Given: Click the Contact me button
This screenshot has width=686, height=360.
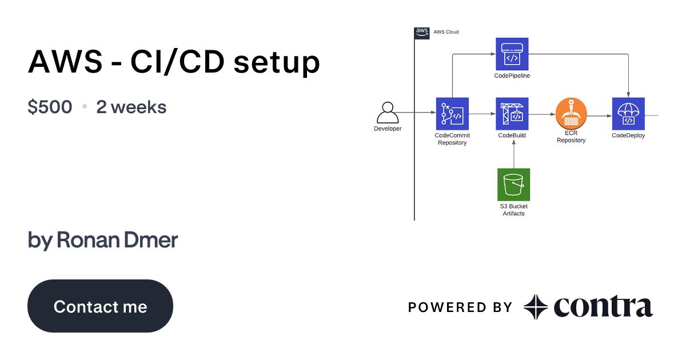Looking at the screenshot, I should click(x=100, y=306).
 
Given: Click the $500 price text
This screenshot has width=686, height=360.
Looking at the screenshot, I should click(x=50, y=107).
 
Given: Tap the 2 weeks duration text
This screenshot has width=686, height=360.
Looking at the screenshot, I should click(x=131, y=107).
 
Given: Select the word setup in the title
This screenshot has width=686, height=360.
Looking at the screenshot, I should click(x=276, y=62).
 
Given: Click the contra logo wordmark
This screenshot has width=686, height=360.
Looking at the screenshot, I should click(x=603, y=307).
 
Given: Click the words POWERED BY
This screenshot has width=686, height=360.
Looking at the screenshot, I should click(x=460, y=307).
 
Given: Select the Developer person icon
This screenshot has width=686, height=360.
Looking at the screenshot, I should click(x=388, y=113).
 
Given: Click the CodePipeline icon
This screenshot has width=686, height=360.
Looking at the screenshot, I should click(x=512, y=54).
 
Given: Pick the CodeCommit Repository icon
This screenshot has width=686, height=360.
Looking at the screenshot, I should click(x=452, y=114).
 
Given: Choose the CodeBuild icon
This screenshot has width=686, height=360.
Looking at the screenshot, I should click(x=512, y=114).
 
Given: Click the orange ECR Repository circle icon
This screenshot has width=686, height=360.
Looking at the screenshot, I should click(x=571, y=114).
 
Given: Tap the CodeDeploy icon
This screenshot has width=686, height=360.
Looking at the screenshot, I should click(x=628, y=114).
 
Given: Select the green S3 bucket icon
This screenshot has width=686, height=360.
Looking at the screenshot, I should click(x=513, y=185).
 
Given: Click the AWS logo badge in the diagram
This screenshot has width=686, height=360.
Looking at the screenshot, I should click(x=422, y=33).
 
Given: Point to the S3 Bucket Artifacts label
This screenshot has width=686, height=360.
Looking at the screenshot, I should click(x=513, y=210).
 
